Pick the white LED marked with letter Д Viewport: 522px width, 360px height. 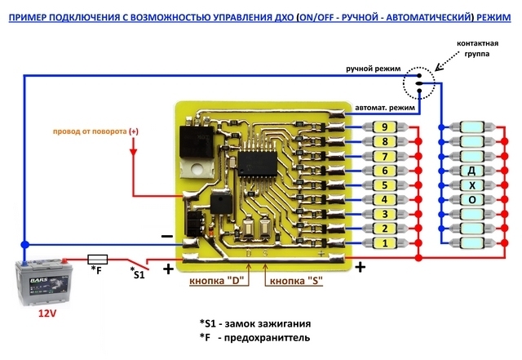pyautogui.click(x=471, y=171)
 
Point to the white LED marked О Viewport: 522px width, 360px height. pyautogui.click(x=471, y=200)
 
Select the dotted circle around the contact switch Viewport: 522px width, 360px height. pyautogui.click(x=418, y=82)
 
